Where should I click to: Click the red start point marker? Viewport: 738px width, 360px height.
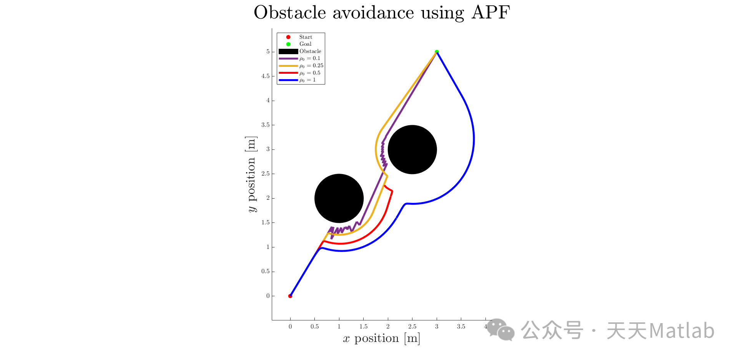point(290,296)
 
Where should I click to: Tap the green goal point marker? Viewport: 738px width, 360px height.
point(437,51)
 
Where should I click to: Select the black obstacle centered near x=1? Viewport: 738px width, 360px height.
point(339,198)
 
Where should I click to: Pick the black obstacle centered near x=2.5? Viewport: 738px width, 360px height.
point(412,149)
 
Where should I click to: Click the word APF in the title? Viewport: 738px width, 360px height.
point(490,12)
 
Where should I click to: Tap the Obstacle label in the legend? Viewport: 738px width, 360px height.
point(310,51)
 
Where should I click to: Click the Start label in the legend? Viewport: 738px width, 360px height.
point(306,37)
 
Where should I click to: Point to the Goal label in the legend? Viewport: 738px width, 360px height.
point(305,44)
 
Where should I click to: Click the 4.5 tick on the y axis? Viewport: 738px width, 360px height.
point(266,76)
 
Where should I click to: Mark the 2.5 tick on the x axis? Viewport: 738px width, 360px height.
point(412,327)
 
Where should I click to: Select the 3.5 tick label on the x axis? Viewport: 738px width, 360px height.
point(461,327)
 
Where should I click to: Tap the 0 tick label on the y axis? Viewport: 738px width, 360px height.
point(268,296)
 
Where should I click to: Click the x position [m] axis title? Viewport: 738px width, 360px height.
point(381,338)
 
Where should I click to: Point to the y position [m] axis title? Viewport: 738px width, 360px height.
point(251,174)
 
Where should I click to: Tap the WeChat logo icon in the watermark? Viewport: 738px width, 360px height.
point(500,330)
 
